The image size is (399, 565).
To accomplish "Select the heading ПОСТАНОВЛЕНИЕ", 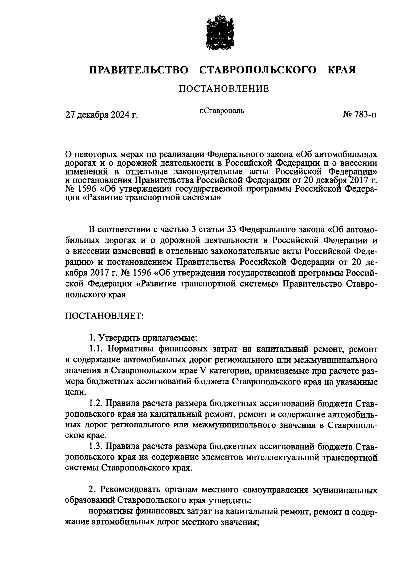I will click(x=223, y=89).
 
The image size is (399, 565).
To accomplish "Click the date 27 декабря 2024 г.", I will click(x=102, y=115).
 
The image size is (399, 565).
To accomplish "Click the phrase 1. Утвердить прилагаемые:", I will click(x=143, y=338).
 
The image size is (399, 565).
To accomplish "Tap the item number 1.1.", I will click(x=97, y=349).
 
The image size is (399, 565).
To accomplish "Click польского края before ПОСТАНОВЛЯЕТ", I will click(x=95, y=295).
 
